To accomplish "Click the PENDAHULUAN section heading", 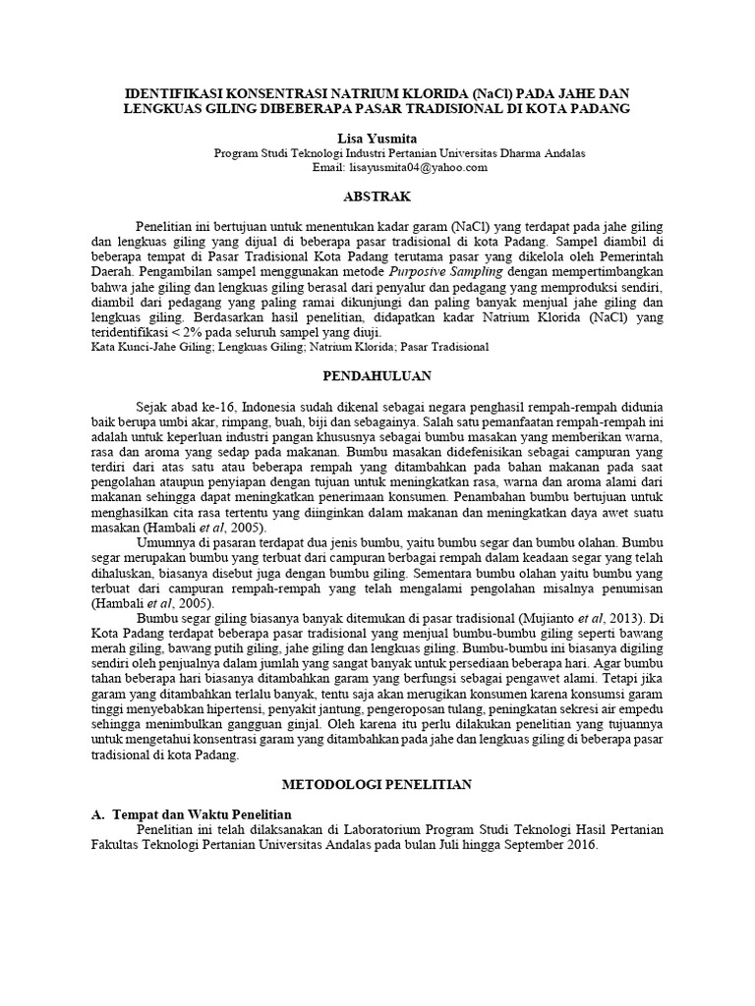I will [377, 375].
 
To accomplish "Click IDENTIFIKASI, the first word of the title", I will [172, 91].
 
